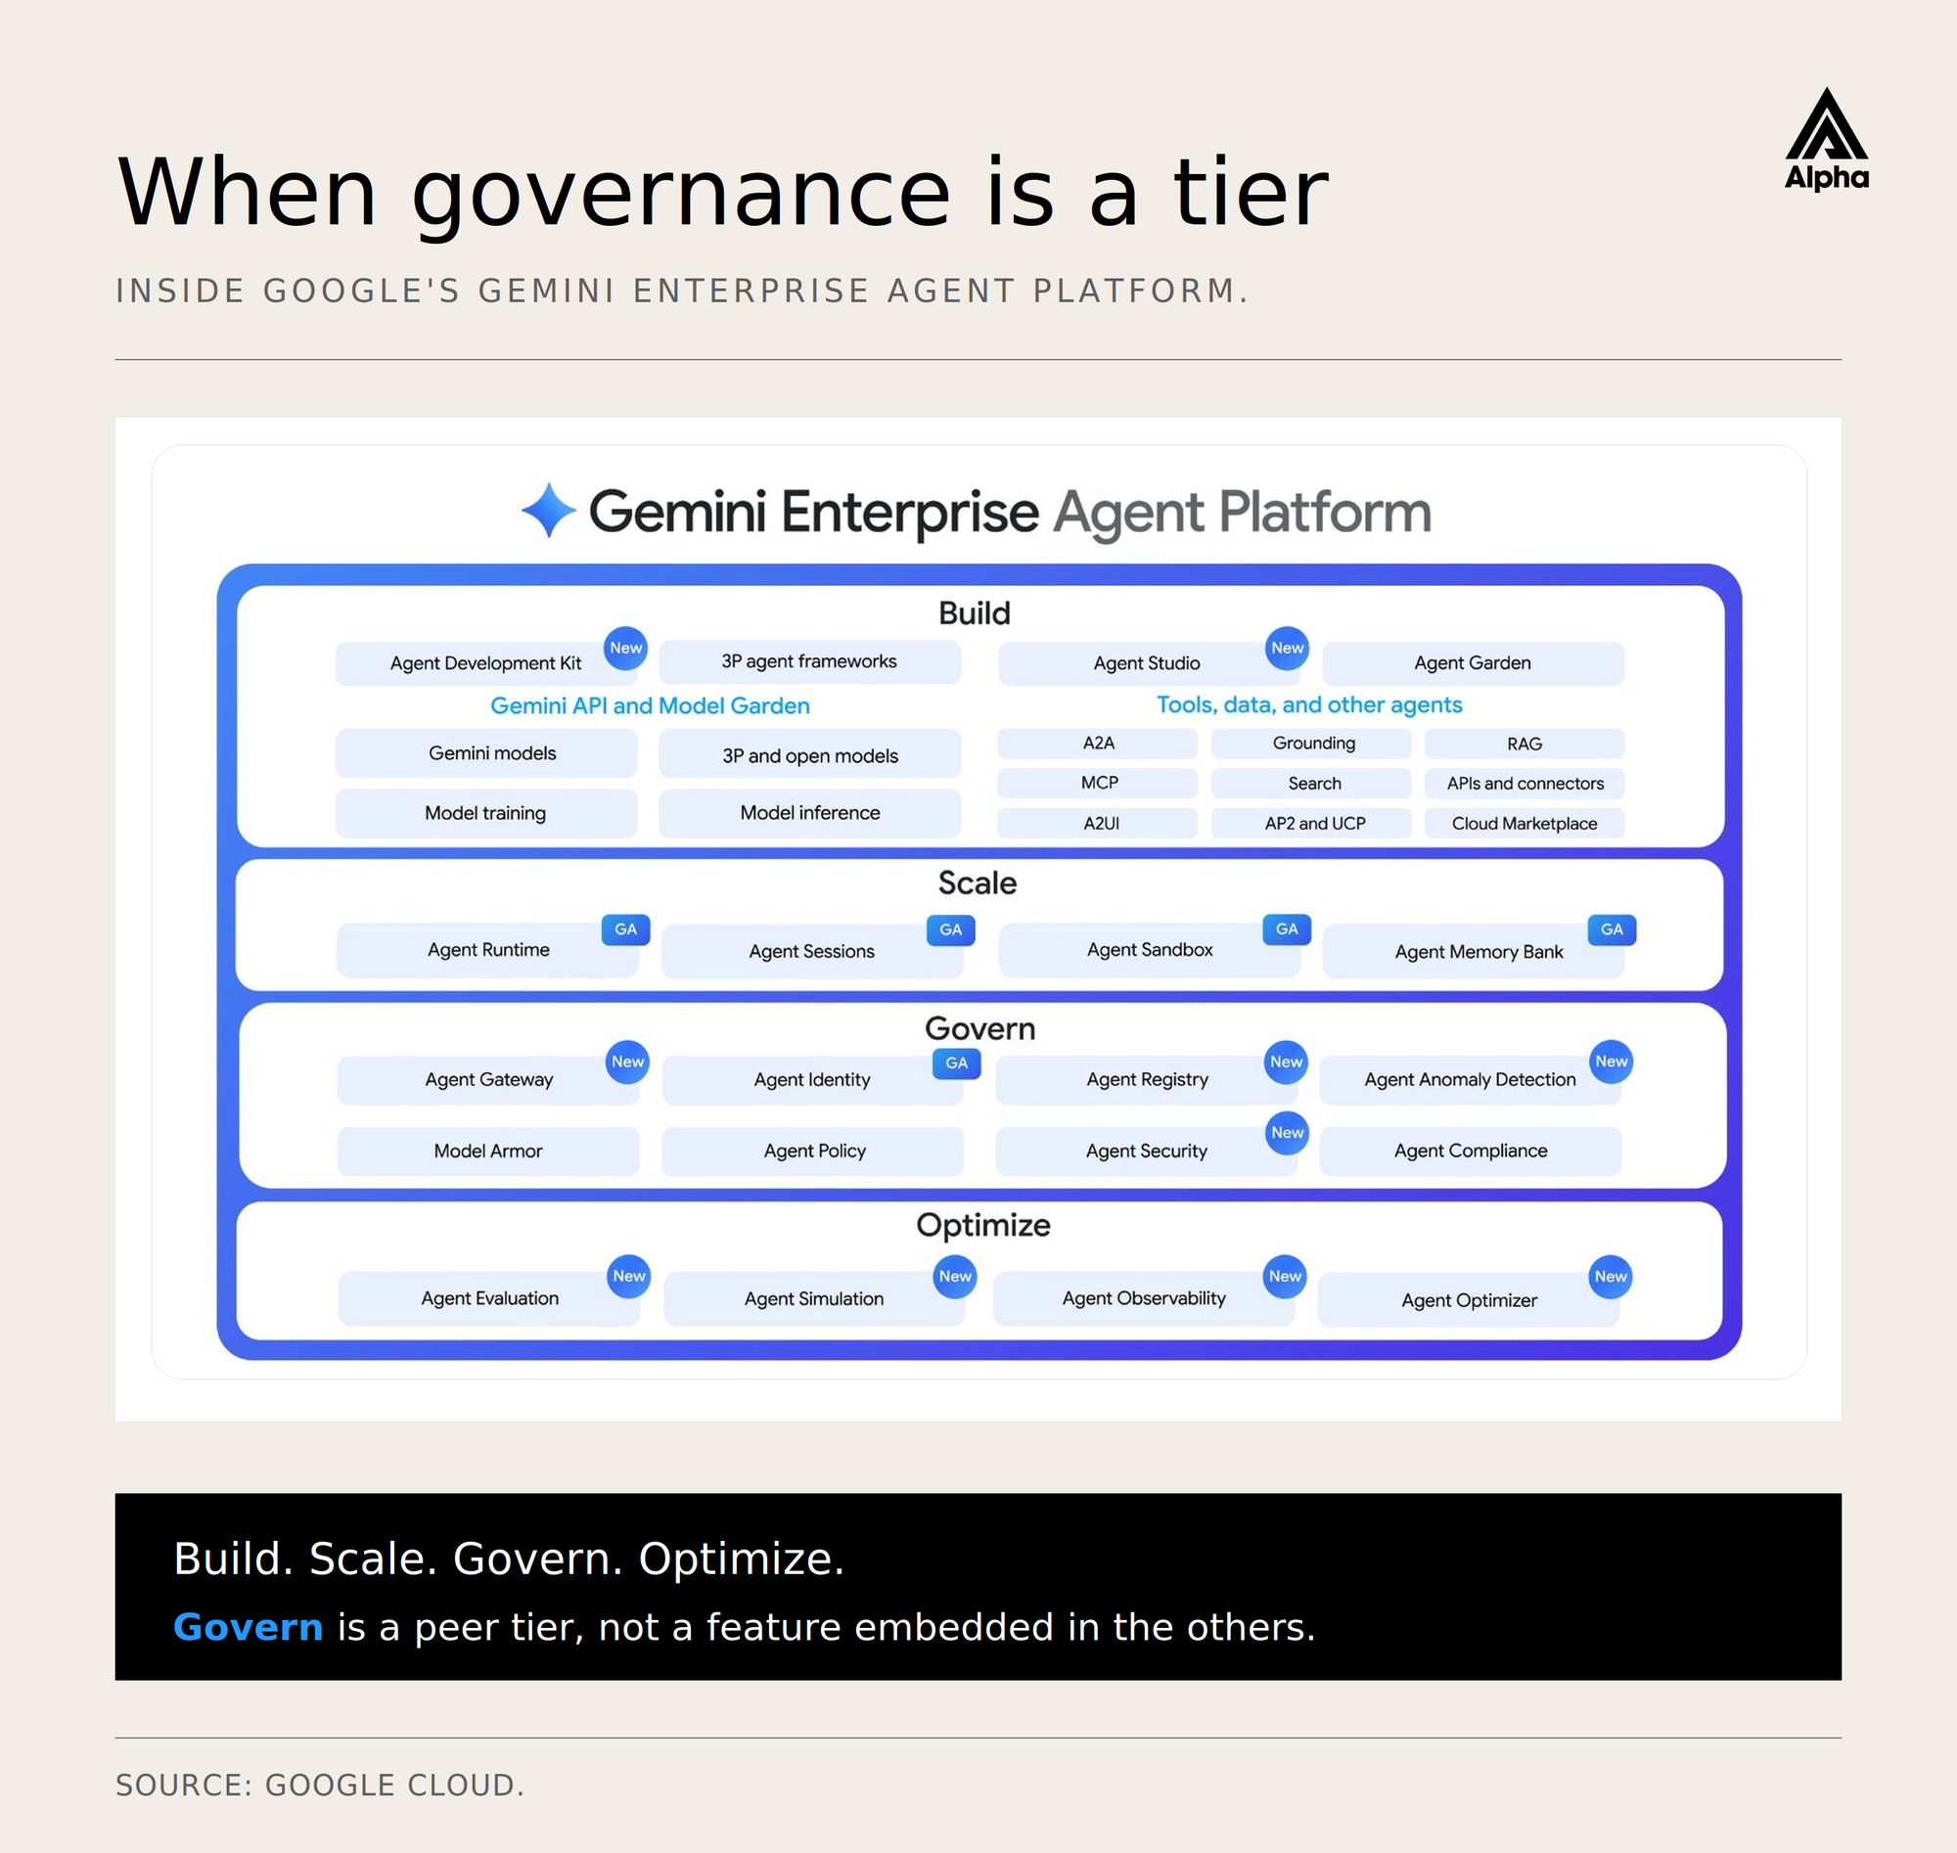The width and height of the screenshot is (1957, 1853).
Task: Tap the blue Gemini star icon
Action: click(x=548, y=511)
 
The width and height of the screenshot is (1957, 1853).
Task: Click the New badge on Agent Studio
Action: click(x=1286, y=648)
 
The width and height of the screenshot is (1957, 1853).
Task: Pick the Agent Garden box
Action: click(x=1472, y=662)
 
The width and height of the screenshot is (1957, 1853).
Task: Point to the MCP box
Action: click(x=1098, y=784)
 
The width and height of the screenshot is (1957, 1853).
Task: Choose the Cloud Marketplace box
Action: click(x=1524, y=823)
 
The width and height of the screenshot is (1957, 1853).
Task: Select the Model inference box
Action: click(x=809, y=813)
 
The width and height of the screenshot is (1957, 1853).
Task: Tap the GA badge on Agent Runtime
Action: click(x=625, y=929)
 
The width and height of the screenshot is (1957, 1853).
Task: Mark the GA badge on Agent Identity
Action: click(x=956, y=1062)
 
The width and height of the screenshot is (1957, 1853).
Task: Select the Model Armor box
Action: click(x=488, y=1151)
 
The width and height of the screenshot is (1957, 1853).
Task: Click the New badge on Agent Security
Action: click(x=1287, y=1133)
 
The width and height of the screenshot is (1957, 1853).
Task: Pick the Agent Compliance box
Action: click(x=1470, y=1151)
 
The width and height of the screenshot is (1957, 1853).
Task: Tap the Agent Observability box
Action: click(x=1143, y=1299)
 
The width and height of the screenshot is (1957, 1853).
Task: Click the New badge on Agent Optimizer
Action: click(x=1611, y=1276)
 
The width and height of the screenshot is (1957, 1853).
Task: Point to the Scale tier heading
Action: click(x=977, y=883)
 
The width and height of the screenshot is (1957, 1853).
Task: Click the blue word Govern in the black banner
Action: click(x=248, y=1627)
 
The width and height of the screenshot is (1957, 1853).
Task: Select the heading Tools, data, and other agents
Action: click(x=1309, y=705)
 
